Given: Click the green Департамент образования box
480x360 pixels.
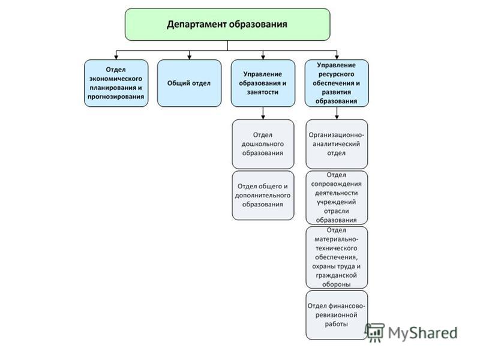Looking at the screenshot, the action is (x=227, y=25).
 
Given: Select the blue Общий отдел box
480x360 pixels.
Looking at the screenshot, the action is (x=189, y=83).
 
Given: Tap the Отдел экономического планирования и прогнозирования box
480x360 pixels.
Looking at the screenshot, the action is (x=116, y=83).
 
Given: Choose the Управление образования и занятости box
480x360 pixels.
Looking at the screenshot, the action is (x=263, y=83).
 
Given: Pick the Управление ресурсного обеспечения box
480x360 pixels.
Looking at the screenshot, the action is (x=337, y=83).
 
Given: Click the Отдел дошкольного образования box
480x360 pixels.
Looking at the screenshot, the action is (x=263, y=144).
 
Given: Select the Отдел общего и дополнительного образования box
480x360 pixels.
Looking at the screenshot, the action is (x=263, y=196).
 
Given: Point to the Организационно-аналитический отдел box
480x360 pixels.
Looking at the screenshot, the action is (x=337, y=144).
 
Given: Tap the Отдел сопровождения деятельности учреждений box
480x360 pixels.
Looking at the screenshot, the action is (x=337, y=197).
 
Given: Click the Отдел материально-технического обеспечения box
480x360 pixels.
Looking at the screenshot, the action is (x=337, y=257).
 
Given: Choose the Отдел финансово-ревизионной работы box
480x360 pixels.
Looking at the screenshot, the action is (x=337, y=315).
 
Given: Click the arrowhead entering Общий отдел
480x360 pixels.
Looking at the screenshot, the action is (x=189, y=57).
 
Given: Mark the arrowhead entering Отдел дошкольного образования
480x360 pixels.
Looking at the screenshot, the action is (x=263, y=117).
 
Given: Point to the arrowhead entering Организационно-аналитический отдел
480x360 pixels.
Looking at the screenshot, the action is (x=337, y=117).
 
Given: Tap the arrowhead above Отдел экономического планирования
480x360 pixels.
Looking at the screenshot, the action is (x=116, y=57).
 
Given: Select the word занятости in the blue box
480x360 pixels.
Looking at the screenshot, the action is (x=263, y=92).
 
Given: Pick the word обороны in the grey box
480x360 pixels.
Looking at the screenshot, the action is (x=336, y=284).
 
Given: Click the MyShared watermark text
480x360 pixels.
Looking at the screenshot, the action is (x=423, y=333).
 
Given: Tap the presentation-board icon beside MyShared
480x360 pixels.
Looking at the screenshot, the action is (x=374, y=332).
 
